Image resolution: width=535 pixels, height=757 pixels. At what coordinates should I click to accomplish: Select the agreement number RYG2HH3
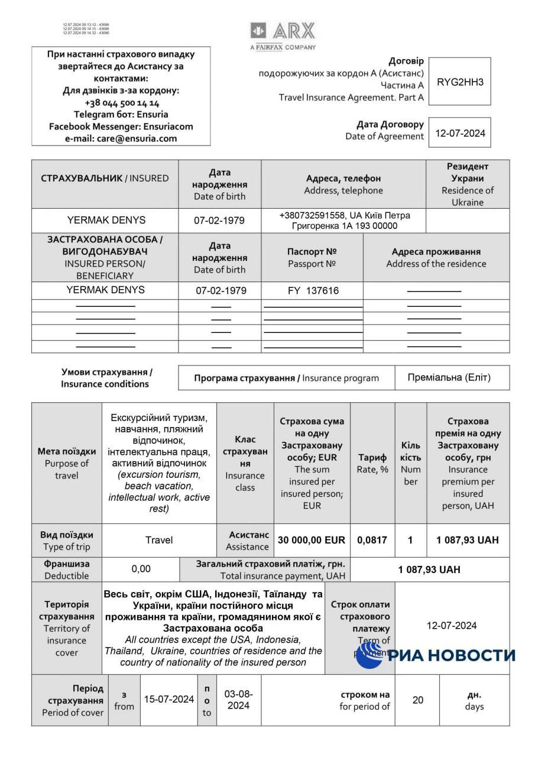(459, 82)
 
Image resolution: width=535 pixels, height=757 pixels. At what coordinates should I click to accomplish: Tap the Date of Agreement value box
(459, 133)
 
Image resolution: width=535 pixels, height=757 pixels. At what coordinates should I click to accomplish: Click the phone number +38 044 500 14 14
(121, 103)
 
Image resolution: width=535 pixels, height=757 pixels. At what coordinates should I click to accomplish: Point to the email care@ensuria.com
(121, 138)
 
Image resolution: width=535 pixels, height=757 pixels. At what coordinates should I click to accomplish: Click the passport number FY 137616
(312, 290)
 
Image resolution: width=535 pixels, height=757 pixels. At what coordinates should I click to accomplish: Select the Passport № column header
(312, 257)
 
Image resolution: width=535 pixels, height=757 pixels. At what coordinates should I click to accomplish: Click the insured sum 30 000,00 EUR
(312, 540)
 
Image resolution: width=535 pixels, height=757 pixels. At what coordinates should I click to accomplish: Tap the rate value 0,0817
(372, 540)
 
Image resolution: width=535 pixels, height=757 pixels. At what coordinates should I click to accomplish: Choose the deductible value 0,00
(141, 569)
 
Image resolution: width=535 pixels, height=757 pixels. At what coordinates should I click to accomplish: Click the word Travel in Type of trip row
(159, 540)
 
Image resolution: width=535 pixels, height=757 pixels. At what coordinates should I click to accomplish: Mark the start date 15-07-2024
(169, 699)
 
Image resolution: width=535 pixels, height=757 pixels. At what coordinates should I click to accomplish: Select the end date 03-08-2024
(239, 699)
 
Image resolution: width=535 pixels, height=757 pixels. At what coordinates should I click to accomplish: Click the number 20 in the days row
(417, 700)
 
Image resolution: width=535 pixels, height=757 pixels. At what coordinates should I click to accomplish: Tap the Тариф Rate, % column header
(372, 463)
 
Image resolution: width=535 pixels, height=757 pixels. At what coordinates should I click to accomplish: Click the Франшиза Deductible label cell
(67, 570)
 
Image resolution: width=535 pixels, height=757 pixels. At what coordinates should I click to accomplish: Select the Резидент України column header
(467, 184)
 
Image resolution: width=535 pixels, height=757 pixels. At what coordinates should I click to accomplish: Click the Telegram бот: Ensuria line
(121, 114)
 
